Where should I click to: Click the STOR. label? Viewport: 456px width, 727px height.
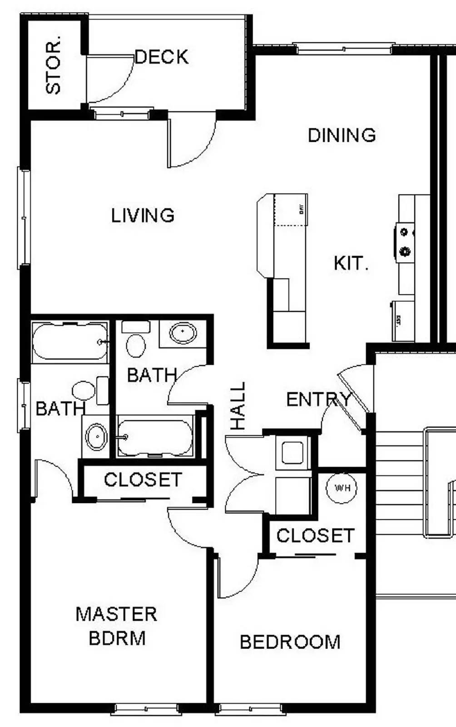(x=53, y=67)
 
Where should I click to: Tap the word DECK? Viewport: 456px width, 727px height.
(x=162, y=57)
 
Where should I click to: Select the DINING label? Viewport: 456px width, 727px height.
(x=342, y=135)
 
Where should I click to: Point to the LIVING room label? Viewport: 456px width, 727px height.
(x=143, y=215)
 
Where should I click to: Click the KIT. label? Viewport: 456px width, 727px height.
(x=351, y=264)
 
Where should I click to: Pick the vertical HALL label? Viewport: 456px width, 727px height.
(x=238, y=406)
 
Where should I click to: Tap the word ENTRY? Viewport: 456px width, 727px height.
(x=318, y=400)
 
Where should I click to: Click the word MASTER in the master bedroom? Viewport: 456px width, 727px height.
(x=116, y=614)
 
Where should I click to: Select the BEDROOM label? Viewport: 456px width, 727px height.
(x=290, y=642)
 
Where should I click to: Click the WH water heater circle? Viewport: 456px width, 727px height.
(x=342, y=488)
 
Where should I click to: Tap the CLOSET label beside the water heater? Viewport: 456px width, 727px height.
(x=315, y=536)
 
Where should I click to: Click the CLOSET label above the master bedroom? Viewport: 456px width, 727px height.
(x=143, y=480)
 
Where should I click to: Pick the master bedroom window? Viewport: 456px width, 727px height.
(x=146, y=709)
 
